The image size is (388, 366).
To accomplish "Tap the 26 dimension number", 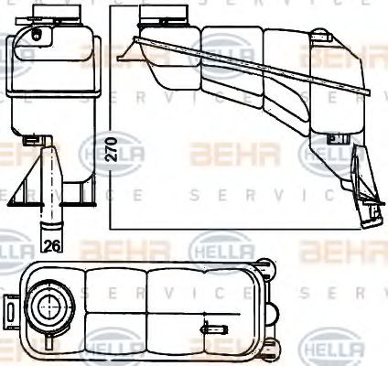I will tap(52, 244).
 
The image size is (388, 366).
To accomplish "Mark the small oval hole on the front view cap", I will tap(37, 36).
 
